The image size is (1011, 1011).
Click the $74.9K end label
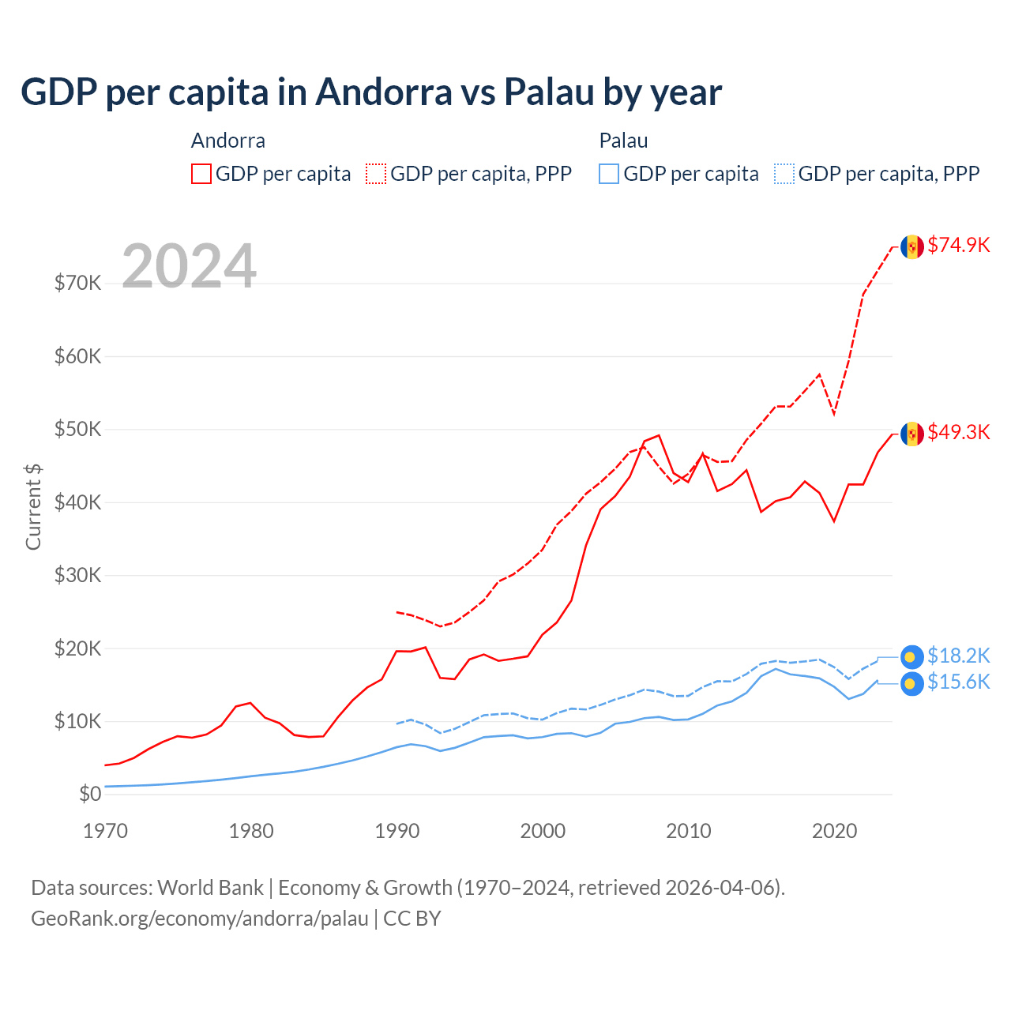coord(958,246)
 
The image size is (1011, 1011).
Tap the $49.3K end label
coord(958,433)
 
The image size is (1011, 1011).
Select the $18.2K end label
coord(958,656)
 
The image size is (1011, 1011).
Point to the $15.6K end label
coord(958,682)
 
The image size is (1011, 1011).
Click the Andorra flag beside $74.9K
coord(912,246)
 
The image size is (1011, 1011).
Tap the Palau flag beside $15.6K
coord(912,683)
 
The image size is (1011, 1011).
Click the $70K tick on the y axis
coord(77,284)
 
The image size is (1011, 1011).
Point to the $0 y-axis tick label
coord(90,795)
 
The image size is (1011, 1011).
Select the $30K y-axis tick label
coord(77,576)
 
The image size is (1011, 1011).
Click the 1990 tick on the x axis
coord(397,831)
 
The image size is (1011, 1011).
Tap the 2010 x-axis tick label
coord(689,831)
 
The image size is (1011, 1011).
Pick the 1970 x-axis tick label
coord(105,831)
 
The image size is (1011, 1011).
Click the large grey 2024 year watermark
coord(190,266)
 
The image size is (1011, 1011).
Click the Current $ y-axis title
coord(33,506)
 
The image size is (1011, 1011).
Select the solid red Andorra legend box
coord(201,174)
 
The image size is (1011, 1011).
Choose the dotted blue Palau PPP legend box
coord(784,174)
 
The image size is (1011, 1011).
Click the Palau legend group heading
coord(623,141)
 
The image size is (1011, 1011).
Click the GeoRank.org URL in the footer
coord(199,919)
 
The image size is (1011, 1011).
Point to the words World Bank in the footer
coord(210,888)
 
